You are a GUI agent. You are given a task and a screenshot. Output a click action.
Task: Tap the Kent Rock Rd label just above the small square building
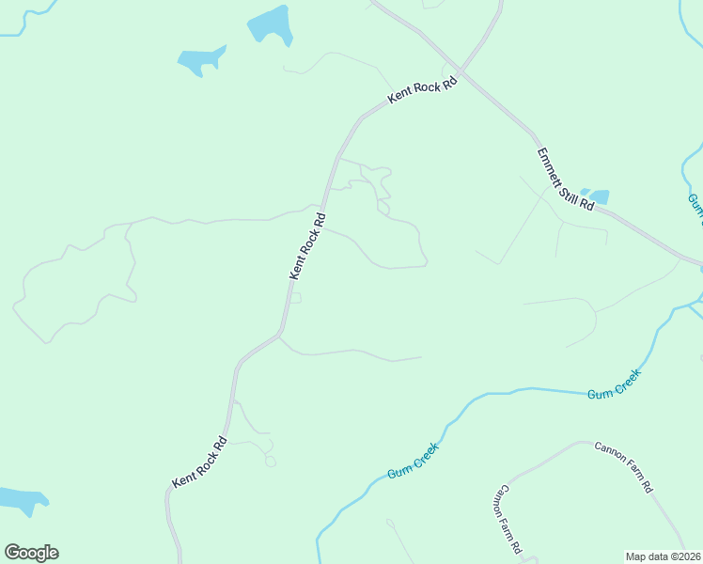tap(307, 246)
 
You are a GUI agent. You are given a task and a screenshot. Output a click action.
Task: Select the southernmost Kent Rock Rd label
tap(199, 462)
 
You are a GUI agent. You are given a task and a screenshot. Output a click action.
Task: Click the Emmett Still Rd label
tap(566, 179)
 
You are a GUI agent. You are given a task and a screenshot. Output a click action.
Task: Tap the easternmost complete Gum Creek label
tap(615, 385)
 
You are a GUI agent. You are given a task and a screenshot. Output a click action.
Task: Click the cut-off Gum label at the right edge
tap(695, 205)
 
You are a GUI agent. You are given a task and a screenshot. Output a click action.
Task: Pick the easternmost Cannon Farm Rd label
tap(623, 467)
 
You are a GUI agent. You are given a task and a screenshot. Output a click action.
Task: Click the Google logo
tap(31, 553)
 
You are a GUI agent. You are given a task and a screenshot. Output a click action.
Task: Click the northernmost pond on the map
tap(270, 24)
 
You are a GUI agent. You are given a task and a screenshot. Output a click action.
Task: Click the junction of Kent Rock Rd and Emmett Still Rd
tap(461, 70)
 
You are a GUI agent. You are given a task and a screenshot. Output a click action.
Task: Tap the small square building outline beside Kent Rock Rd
tap(296, 298)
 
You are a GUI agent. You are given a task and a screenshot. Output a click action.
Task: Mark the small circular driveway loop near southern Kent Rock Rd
tap(271, 461)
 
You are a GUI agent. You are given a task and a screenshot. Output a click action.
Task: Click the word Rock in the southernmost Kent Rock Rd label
tap(199, 462)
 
